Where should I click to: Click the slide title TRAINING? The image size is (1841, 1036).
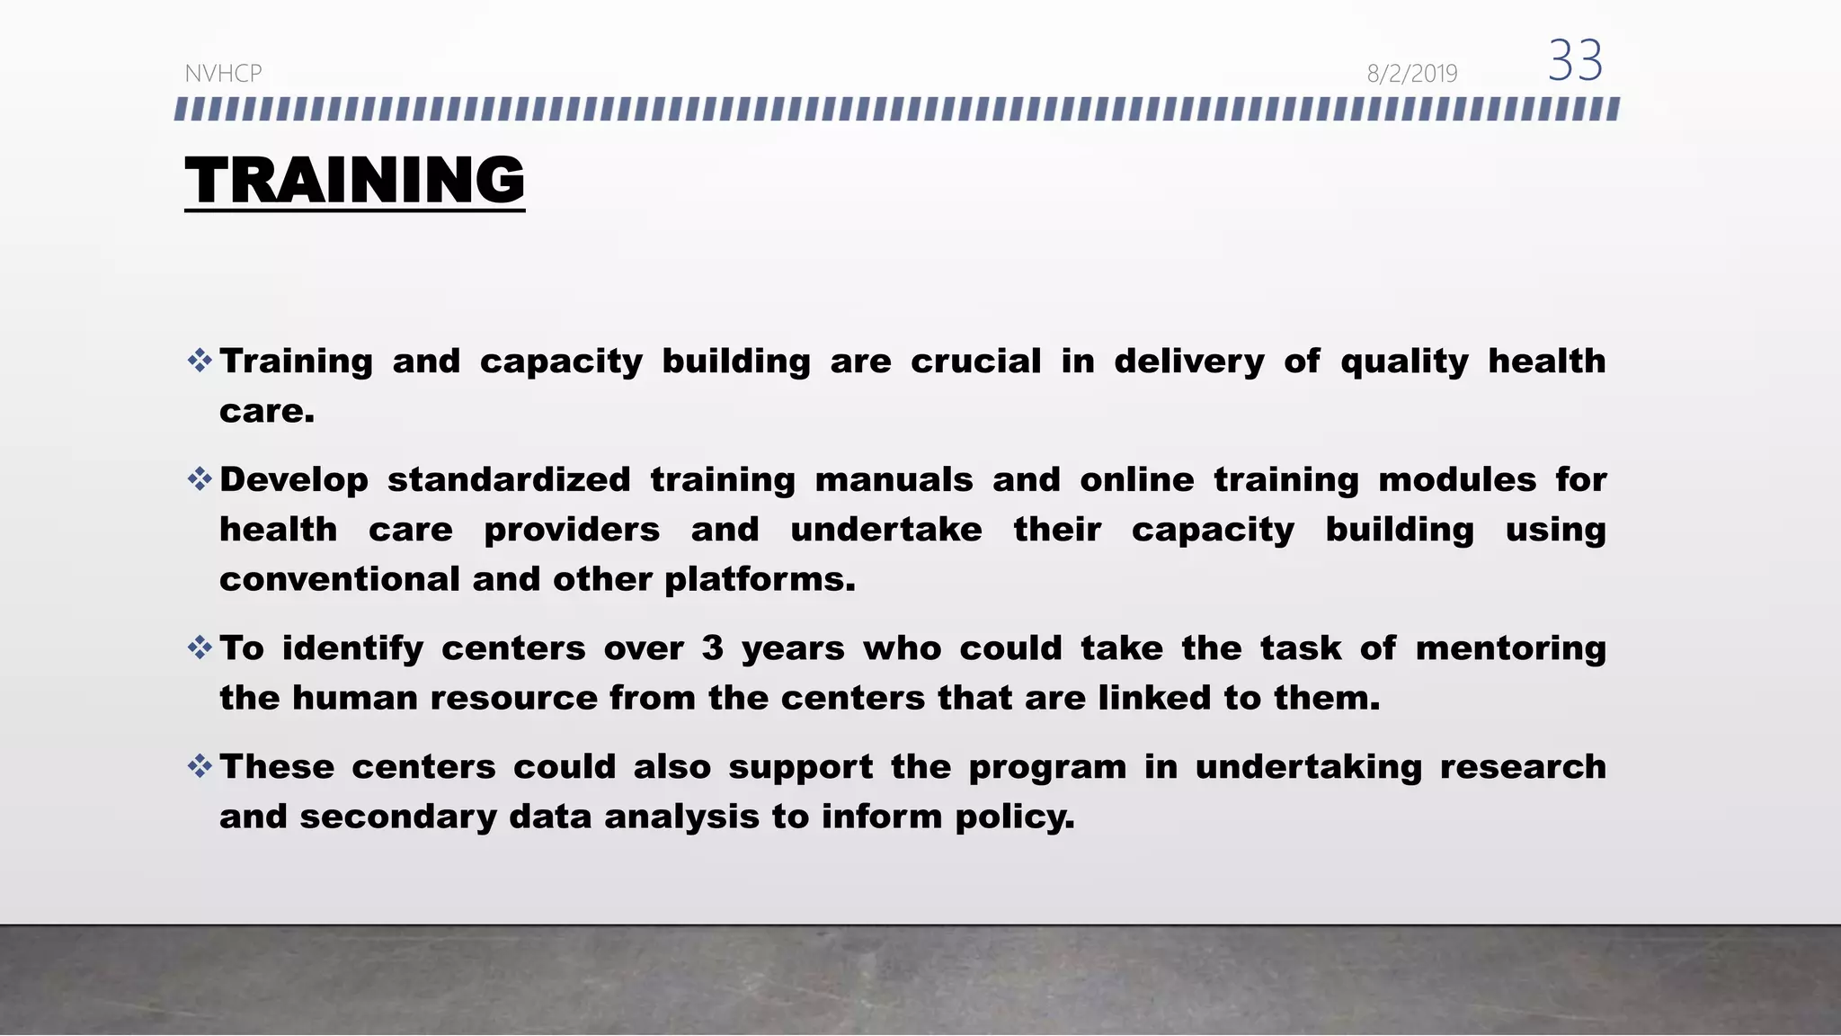[x=354, y=180]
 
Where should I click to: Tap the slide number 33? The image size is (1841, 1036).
[x=1575, y=61]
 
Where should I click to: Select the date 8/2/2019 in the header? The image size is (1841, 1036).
[x=1411, y=74]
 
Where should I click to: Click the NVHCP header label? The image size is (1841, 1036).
[x=223, y=74]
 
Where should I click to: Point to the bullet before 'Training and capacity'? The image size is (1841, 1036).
[x=200, y=362]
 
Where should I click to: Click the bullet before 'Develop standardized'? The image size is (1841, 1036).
[x=200, y=478]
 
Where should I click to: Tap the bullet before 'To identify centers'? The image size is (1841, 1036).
[x=200, y=647]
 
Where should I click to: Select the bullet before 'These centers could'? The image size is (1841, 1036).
[x=200, y=766]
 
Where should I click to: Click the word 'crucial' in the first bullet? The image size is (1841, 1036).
[x=975, y=362]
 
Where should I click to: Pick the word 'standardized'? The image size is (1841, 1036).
[x=509, y=479]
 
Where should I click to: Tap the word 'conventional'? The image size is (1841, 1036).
[x=339, y=579]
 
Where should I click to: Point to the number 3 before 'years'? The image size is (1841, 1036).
[x=712, y=648]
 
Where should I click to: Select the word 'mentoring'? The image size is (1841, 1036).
[x=1510, y=648]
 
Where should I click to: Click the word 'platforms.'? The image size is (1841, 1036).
[x=760, y=580]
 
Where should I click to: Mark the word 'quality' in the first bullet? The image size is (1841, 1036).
[x=1404, y=362]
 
